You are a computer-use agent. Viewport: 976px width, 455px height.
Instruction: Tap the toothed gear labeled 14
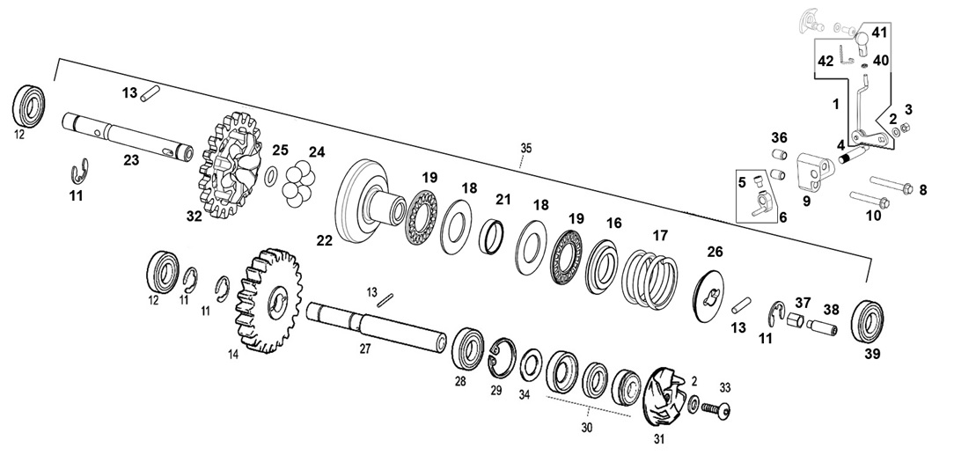point(268,300)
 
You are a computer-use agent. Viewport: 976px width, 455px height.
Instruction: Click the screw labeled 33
point(715,409)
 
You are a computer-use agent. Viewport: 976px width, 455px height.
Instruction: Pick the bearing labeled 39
point(867,320)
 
